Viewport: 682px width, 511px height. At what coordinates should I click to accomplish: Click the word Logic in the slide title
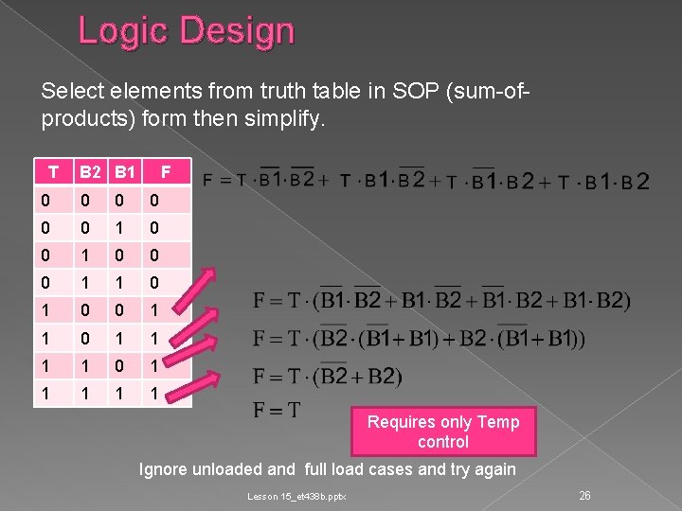coord(115,31)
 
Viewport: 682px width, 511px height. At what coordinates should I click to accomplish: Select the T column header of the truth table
coord(54,172)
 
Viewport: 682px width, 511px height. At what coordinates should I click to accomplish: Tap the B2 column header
coord(92,172)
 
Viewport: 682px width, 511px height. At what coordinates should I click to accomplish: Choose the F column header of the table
coord(165,172)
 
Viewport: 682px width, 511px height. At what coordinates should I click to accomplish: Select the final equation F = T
coord(277,410)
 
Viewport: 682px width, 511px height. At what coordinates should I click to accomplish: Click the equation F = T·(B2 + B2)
coord(327,377)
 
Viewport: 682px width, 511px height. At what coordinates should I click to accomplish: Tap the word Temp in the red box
coord(498,422)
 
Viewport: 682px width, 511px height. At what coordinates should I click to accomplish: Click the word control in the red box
coord(442,442)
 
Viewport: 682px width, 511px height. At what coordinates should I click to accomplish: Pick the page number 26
coord(584,495)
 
